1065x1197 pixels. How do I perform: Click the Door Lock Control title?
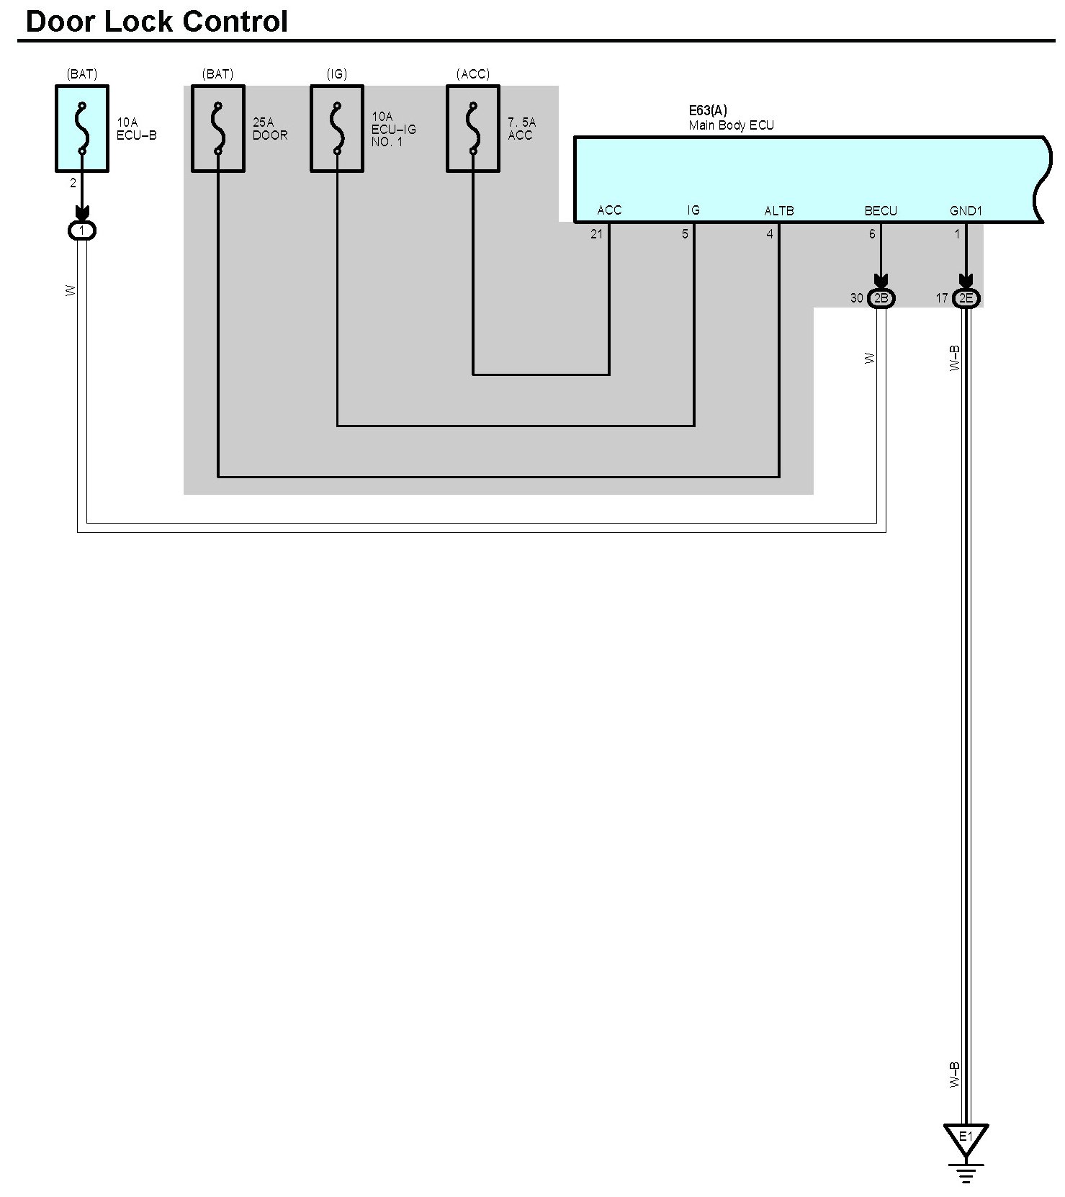[156, 22]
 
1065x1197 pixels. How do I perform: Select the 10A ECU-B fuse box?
[82, 129]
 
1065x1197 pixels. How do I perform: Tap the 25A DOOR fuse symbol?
[218, 129]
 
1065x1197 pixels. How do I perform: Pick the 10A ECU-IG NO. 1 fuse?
[337, 129]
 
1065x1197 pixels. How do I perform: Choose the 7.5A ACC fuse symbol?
[473, 129]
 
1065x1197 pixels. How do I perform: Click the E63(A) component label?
[708, 111]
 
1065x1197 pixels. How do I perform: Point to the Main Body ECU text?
[731, 125]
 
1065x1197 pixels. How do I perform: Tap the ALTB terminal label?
[778, 211]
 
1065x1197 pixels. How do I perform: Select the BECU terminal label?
[881, 211]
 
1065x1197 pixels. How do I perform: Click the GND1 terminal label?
[966, 211]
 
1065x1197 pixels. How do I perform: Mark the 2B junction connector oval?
[881, 298]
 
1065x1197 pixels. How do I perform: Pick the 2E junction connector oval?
[966, 298]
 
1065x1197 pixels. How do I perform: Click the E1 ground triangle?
[966, 1139]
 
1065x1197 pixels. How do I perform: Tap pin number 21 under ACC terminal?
[596, 234]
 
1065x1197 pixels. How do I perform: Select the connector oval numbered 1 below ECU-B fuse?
[82, 230]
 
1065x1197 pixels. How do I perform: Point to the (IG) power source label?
[337, 74]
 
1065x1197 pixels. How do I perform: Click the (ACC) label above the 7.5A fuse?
[473, 74]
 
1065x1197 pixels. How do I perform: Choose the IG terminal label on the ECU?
[693, 210]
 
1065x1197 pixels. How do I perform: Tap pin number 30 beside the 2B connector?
[856, 298]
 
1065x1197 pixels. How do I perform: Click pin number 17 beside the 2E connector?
[941, 298]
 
